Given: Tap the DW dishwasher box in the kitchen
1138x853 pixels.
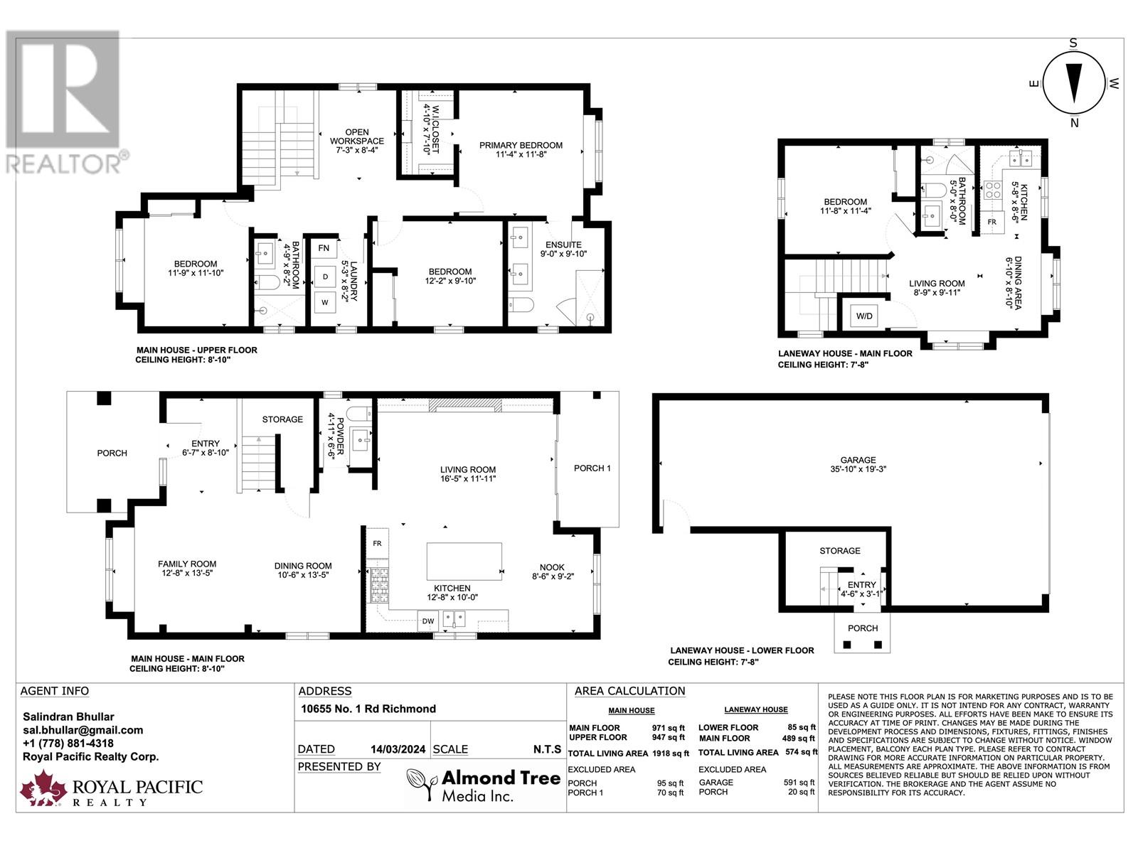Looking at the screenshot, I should click(427, 621).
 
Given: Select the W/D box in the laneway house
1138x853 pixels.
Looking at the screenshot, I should click(865, 316).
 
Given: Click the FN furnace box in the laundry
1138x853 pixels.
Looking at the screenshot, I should click(324, 248).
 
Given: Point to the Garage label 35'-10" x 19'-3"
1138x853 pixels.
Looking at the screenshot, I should click(858, 464).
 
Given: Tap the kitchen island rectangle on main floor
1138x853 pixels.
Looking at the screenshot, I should click(464, 562).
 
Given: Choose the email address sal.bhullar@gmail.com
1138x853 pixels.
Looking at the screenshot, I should click(83, 730).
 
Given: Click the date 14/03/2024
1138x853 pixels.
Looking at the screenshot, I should click(398, 749).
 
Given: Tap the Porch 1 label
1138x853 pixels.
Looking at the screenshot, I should click(592, 468).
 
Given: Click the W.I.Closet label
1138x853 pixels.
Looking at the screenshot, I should click(431, 129).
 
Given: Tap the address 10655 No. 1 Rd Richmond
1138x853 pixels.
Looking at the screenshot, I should click(368, 709).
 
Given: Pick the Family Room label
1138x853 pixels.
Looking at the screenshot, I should click(187, 568).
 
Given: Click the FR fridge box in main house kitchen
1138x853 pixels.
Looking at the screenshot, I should click(377, 543).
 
